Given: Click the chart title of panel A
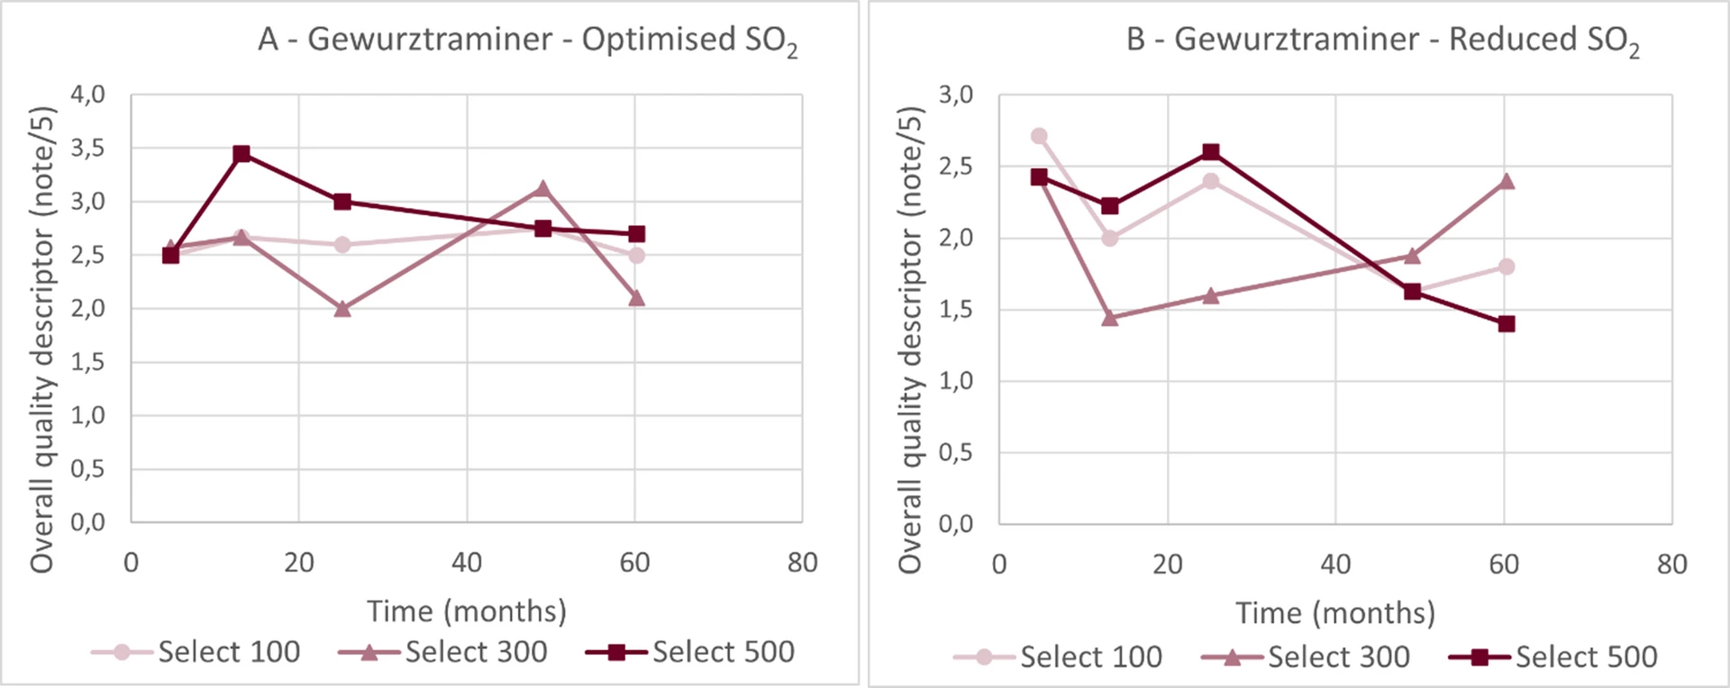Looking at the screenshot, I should point(527,41).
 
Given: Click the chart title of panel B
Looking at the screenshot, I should point(1382,41).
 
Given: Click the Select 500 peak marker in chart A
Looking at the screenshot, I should point(241,154).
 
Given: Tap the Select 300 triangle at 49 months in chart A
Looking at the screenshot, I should point(542,188).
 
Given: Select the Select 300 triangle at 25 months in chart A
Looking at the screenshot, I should point(341,309).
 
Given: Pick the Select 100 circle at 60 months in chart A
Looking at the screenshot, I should point(636,255).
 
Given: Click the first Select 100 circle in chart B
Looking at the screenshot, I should point(1039,136).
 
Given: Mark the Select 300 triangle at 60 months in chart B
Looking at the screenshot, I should point(1506,181).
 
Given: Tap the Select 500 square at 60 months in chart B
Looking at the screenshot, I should point(1506,324).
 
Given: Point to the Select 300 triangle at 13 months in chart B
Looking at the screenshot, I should point(1110,318).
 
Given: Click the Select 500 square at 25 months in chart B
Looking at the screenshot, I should point(1211,151).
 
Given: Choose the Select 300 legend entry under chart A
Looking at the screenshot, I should point(443,652).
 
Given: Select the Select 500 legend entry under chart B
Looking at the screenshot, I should point(1553,657).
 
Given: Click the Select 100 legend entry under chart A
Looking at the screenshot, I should point(196,652).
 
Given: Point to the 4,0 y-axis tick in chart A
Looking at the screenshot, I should point(88,95).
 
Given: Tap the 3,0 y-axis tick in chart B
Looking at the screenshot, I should point(956,95).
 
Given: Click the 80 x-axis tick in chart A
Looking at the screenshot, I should point(802,564).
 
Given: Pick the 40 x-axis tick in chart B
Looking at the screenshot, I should point(1335,565).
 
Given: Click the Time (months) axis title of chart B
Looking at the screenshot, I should point(1335,613).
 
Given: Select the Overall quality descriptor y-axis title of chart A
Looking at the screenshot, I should point(42,339).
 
